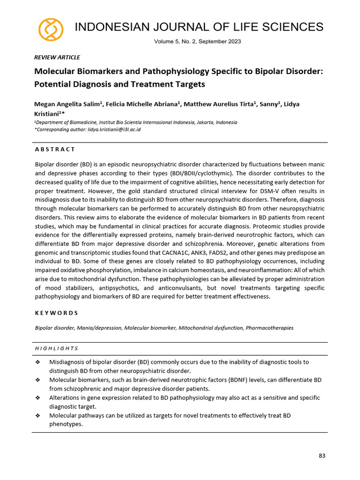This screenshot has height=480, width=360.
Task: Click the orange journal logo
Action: (x=51, y=30)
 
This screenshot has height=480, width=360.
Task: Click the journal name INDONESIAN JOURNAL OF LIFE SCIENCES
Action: (x=199, y=27)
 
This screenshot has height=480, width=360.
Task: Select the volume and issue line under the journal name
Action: (x=197, y=42)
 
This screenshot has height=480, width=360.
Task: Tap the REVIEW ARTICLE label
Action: (x=57, y=57)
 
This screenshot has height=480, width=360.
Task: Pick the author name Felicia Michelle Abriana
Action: (x=141, y=104)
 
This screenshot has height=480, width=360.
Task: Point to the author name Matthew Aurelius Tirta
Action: (x=219, y=104)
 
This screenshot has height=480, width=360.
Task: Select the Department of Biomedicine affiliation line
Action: (x=136, y=122)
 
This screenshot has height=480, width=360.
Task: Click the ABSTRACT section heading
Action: (x=55, y=149)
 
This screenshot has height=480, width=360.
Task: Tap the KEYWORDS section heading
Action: (x=56, y=313)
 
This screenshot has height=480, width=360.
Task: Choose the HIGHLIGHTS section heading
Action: (x=56, y=348)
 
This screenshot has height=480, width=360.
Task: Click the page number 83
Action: (x=322, y=455)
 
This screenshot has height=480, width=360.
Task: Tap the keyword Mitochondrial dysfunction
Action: (x=210, y=328)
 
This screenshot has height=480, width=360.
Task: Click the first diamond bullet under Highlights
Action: (x=38, y=362)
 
